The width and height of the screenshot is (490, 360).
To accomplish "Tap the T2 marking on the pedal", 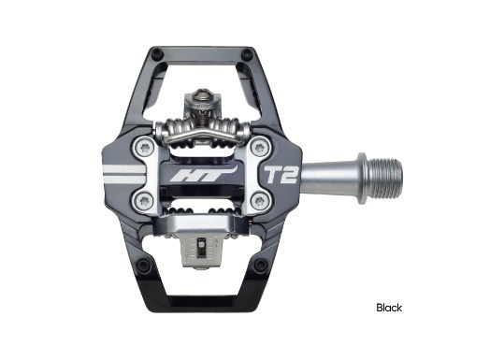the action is [281, 174].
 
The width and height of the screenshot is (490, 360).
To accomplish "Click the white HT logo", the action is [204, 174].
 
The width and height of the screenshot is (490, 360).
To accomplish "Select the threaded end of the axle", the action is [383, 179].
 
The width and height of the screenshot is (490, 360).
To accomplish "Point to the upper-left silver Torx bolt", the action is [146, 148].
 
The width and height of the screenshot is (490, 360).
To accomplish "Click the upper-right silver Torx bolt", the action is [259, 148].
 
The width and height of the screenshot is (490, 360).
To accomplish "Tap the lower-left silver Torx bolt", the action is [146, 201].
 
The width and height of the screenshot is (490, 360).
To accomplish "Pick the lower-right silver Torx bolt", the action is [259, 201].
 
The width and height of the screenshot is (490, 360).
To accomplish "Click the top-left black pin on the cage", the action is [156, 54].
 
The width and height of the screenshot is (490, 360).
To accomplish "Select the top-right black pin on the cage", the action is [249, 53].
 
